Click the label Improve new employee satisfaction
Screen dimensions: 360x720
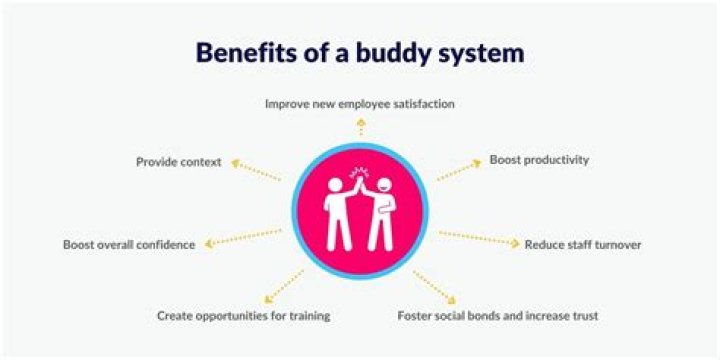click(x=361, y=103)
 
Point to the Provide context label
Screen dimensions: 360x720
click(x=178, y=161)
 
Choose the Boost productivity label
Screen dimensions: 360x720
click(x=539, y=160)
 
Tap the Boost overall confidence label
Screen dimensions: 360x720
click(x=129, y=244)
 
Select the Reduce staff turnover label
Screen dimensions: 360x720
click(x=583, y=244)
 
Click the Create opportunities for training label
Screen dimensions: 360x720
click(x=243, y=316)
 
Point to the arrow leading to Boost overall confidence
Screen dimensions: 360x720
click(x=240, y=238)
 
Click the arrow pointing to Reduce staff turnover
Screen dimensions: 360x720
click(x=479, y=238)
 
